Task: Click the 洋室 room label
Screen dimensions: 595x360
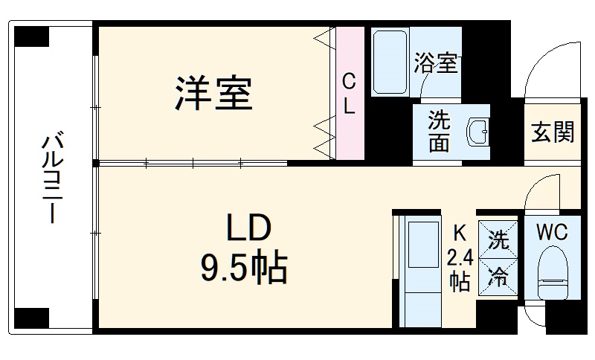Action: [x=213, y=93]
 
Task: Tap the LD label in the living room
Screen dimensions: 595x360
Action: [x=248, y=227]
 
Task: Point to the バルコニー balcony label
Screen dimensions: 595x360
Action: [x=53, y=177]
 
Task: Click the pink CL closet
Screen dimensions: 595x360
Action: [x=350, y=93]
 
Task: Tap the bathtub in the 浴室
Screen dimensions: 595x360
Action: [x=390, y=62]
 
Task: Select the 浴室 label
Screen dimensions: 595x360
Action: [x=436, y=62]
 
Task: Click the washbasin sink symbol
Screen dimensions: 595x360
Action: [x=477, y=132]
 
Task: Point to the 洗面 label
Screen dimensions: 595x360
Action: [x=439, y=131]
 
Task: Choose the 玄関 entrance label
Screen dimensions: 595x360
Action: [x=553, y=132]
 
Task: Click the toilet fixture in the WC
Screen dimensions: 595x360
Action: [x=553, y=272]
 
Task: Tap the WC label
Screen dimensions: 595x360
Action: [x=552, y=232]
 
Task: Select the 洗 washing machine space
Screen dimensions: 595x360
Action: [x=498, y=240]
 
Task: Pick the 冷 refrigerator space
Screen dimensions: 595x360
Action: [x=498, y=278]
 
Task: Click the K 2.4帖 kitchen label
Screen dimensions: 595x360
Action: [x=460, y=258]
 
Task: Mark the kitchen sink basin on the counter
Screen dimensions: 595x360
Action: [x=423, y=245]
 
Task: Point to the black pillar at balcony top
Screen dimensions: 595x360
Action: [x=32, y=36]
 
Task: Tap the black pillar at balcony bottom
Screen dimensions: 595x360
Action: [x=32, y=318]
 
